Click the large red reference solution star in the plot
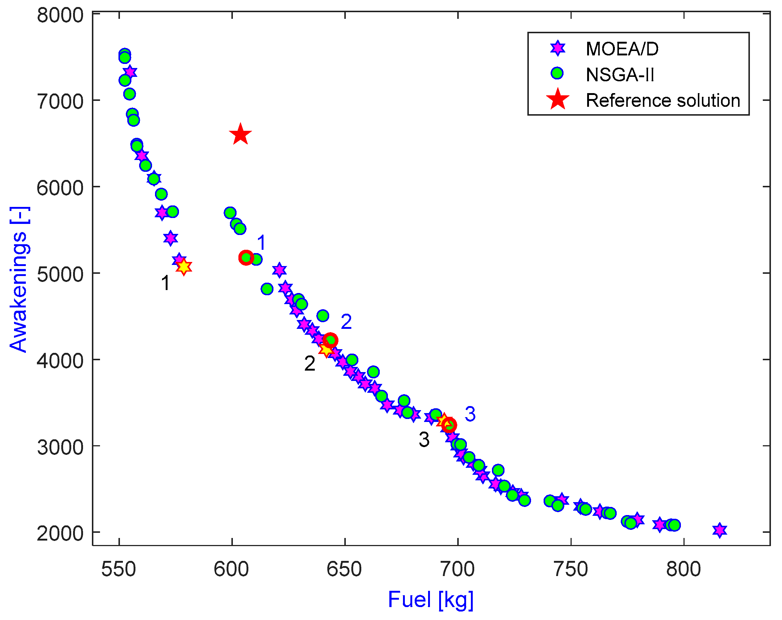point(240,134)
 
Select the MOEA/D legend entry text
point(622,49)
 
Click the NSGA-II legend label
point(620,75)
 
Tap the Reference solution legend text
point(663,101)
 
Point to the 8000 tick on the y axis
point(60,16)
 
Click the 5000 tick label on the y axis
point(60,274)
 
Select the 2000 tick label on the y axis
point(60,533)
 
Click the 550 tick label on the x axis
point(119,569)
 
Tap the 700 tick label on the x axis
point(458,569)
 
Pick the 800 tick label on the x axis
point(683,569)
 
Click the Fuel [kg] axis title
point(431,599)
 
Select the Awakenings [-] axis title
point(18,279)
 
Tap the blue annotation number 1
point(261,243)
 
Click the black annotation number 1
point(165,283)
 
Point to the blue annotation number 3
point(470,414)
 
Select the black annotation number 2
point(310,364)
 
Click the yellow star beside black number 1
point(184,266)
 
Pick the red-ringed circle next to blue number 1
point(246,258)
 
